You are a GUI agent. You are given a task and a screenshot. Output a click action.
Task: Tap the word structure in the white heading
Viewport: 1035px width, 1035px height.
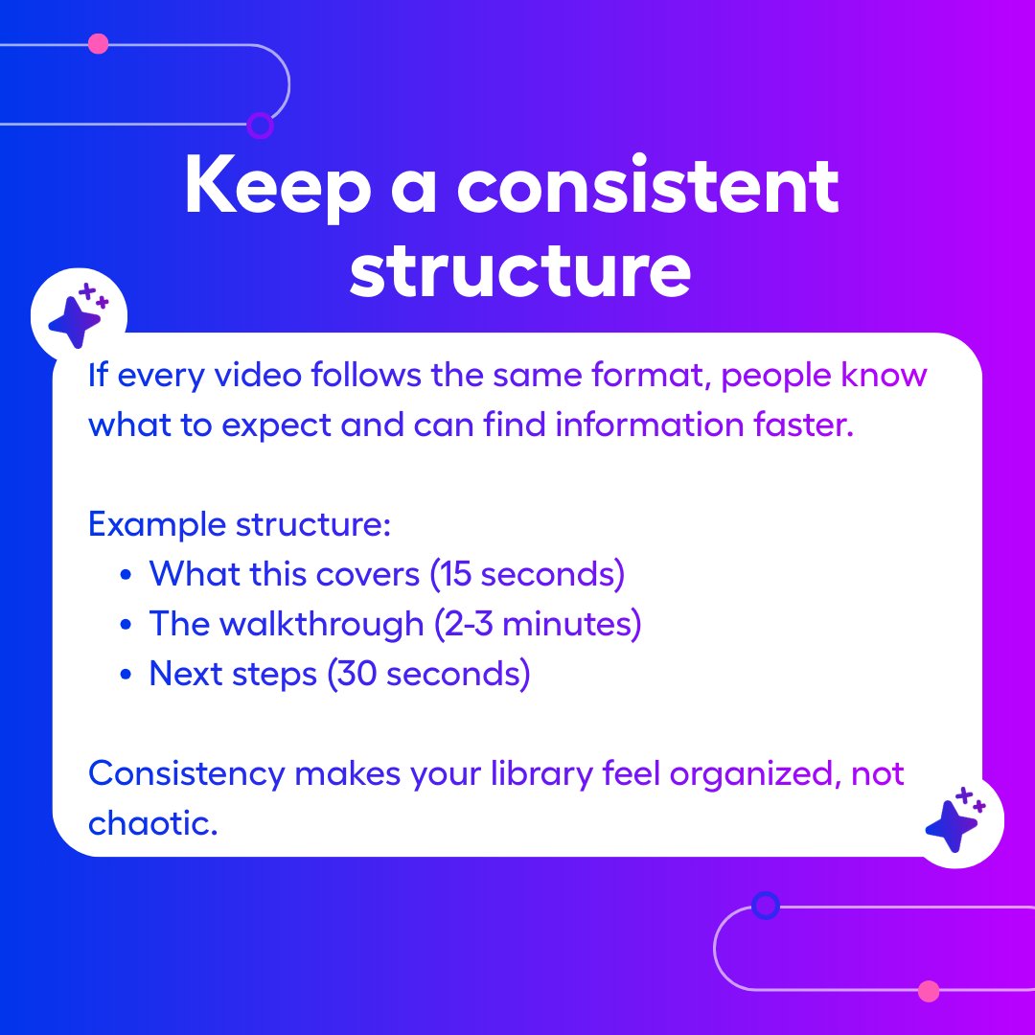click(x=519, y=273)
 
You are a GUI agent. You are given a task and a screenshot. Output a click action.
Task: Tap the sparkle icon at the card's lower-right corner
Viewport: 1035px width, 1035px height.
click(x=954, y=821)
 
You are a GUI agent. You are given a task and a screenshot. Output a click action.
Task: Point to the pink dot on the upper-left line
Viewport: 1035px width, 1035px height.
click(x=98, y=44)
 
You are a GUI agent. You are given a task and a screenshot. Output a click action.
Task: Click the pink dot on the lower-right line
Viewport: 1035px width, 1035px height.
click(x=928, y=991)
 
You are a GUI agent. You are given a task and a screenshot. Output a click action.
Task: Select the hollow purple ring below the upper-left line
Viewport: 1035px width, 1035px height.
click(x=260, y=125)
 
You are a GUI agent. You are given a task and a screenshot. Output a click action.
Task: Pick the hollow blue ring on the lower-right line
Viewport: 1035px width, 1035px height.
click(x=765, y=905)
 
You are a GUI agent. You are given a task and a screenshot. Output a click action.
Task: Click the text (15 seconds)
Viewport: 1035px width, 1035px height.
click(x=526, y=574)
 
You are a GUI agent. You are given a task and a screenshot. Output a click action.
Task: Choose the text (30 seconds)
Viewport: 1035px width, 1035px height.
click(x=427, y=674)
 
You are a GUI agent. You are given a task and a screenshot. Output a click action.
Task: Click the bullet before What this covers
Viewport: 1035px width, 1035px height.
click(x=126, y=575)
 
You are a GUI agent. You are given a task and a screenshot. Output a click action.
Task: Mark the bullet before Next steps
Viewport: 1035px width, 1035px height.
click(x=126, y=675)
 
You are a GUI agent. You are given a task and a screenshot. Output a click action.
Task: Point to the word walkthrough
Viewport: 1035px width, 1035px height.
click(x=321, y=624)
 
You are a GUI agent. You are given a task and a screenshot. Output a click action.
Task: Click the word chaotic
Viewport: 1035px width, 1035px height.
click(x=153, y=822)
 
